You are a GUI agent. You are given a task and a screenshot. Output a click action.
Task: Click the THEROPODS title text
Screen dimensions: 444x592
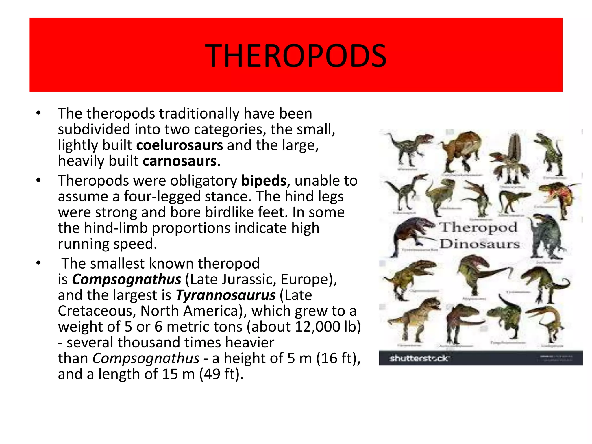pyautogui.click(x=295, y=56)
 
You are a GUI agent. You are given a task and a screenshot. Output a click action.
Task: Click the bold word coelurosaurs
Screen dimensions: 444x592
pyautogui.click(x=180, y=145)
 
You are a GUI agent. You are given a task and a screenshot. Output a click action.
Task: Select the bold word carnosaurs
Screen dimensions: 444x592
pyautogui.click(x=180, y=161)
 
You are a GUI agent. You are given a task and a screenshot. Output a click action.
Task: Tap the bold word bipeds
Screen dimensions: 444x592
pyautogui.click(x=264, y=181)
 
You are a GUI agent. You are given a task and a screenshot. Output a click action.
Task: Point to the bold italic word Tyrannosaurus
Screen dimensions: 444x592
pyautogui.click(x=225, y=295)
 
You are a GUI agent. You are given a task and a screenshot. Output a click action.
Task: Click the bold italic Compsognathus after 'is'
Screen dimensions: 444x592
pyautogui.click(x=127, y=280)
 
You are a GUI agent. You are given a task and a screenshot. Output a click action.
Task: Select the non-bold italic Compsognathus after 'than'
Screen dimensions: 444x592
pyautogui.click(x=146, y=358)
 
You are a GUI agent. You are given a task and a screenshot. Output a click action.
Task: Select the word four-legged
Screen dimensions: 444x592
pyautogui.click(x=162, y=197)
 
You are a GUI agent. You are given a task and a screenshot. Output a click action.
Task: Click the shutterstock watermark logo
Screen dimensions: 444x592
pyautogui.click(x=419, y=358)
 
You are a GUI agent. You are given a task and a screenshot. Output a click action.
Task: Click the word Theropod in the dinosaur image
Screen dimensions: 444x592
pyautogui.click(x=478, y=227)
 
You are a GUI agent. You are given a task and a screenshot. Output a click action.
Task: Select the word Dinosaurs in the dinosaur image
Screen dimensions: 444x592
pyautogui.click(x=480, y=244)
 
